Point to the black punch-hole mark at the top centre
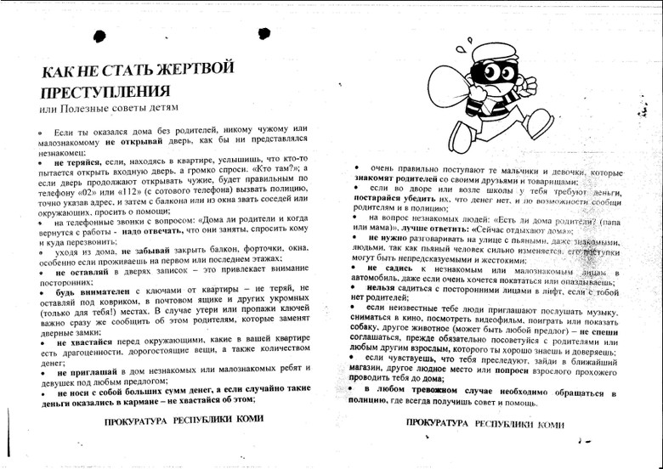tap(263, 33)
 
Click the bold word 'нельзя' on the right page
tap(379, 288)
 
